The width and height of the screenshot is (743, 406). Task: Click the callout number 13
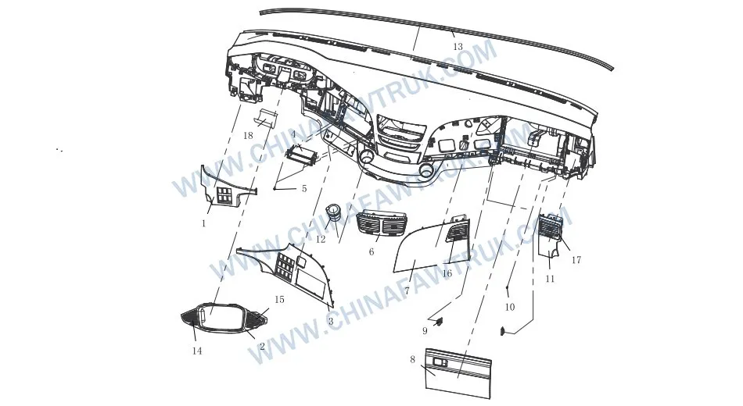(x=458, y=47)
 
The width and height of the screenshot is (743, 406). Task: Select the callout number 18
(x=248, y=136)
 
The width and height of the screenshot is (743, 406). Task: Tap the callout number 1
(x=203, y=223)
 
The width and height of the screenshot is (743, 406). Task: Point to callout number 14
(x=197, y=351)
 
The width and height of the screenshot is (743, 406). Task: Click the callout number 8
(x=412, y=359)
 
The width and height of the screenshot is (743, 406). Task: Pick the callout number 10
(x=509, y=308)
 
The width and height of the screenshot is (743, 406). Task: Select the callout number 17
(x=576, y=260)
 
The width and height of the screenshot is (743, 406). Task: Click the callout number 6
(x=371, y=252)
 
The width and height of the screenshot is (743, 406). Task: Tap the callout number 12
(x=321, y=240)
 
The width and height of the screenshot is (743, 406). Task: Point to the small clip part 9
(x=439, y=321)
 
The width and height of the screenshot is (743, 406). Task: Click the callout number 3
(x=331, y=321)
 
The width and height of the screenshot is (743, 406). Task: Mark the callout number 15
(x=279, y=300)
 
